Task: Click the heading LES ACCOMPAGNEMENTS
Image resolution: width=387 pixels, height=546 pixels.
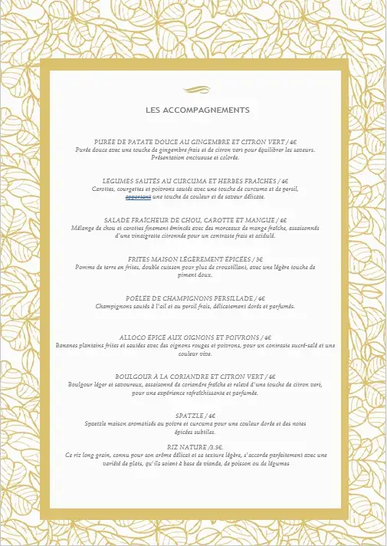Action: pyautogui.click(x=197, y=110)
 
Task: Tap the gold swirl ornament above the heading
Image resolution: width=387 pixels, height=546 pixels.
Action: pyautogui.click(x=197, y=90)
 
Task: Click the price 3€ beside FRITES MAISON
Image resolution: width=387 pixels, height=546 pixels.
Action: pyautogui.click(x=259, y=259)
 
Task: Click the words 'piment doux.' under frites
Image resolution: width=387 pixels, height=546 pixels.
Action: pyautogui.click(x=195, y=275)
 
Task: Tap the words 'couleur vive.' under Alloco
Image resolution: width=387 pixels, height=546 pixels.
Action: pyautogui.click(x=195, y=354)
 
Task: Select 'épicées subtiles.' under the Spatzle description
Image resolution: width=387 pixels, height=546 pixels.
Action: pyautogui.click(x=195, y=431)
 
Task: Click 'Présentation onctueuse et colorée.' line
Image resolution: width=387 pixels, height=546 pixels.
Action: pyautogui.click(x=195, y=157)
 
